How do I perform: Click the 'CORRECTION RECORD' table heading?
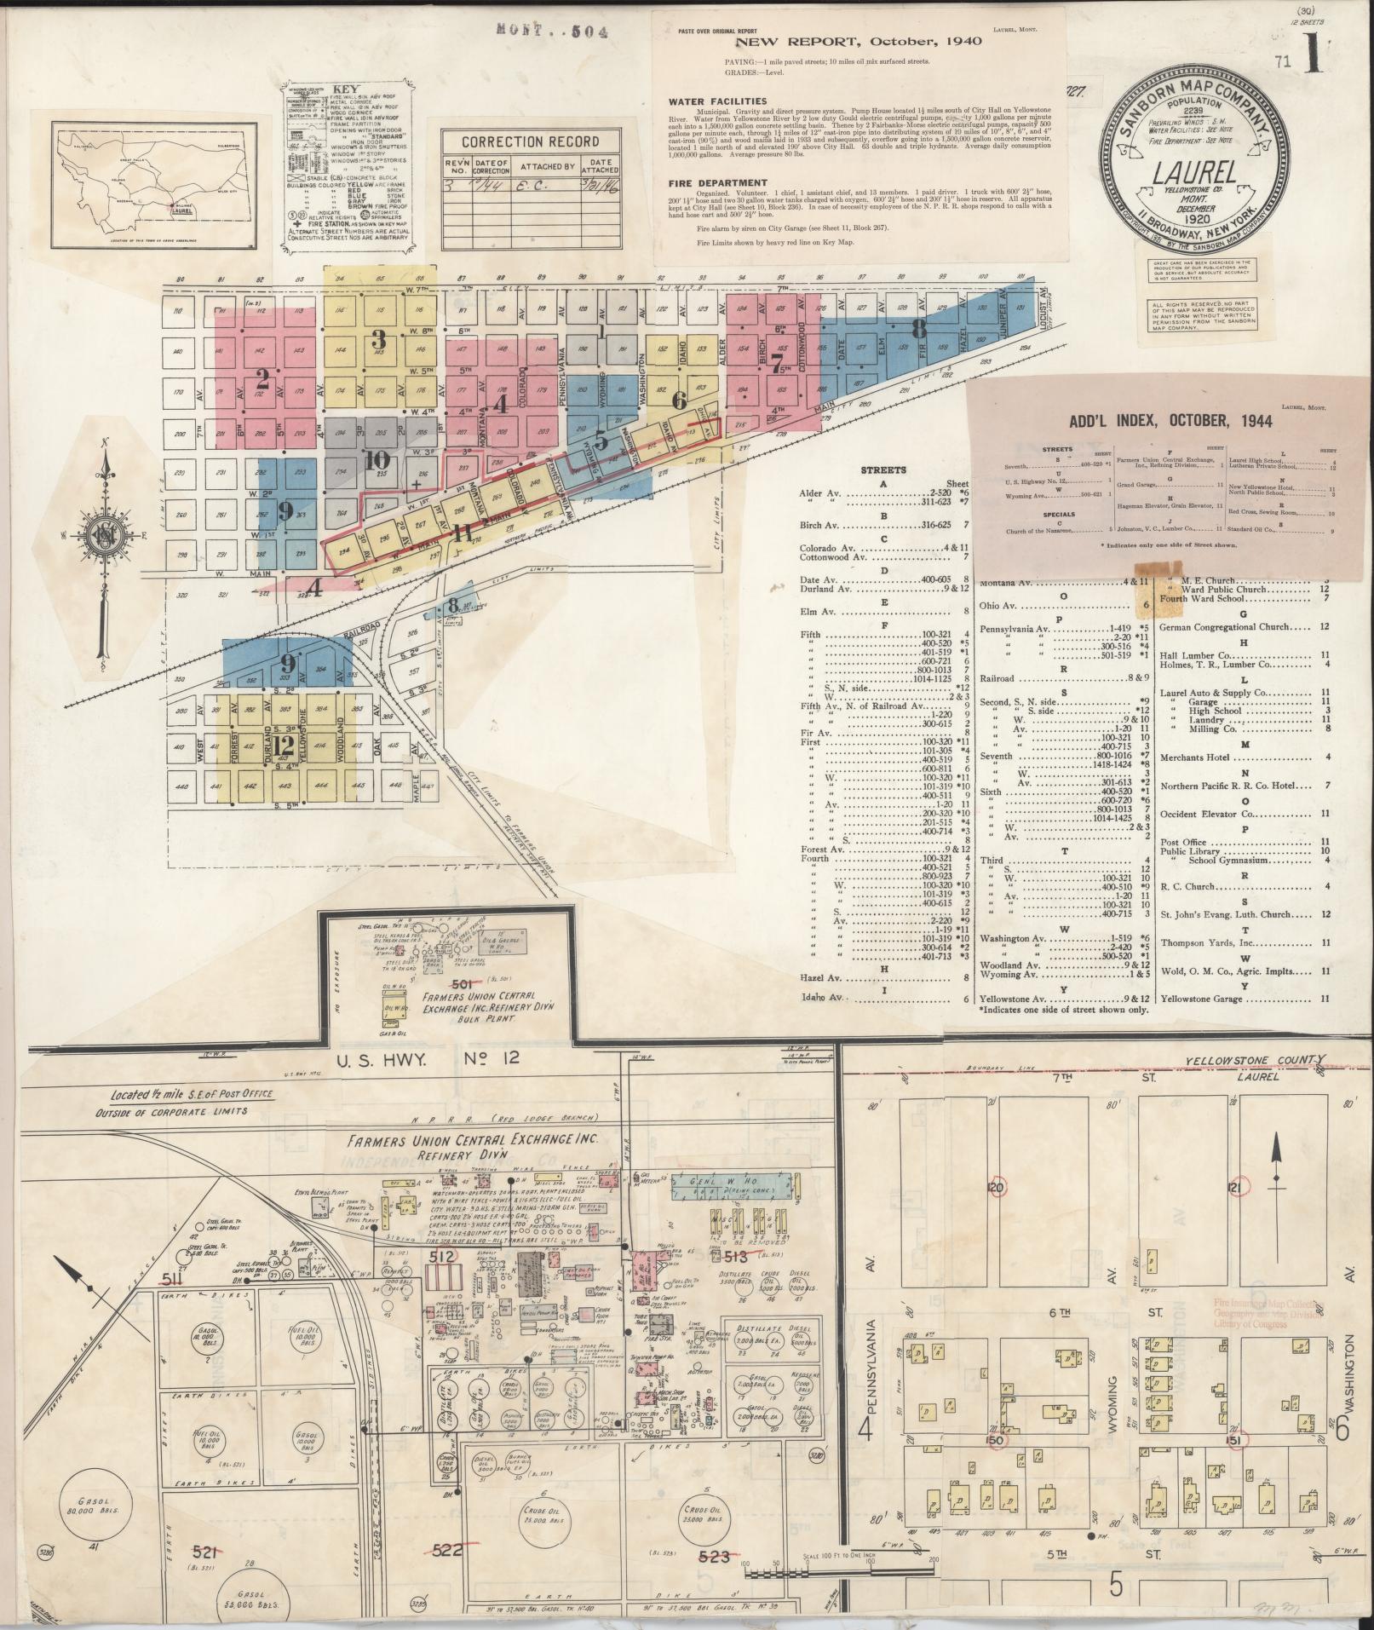pos(526,143)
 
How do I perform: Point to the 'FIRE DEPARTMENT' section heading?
pos(719,182)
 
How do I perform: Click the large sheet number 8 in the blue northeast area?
pos(918,327)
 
